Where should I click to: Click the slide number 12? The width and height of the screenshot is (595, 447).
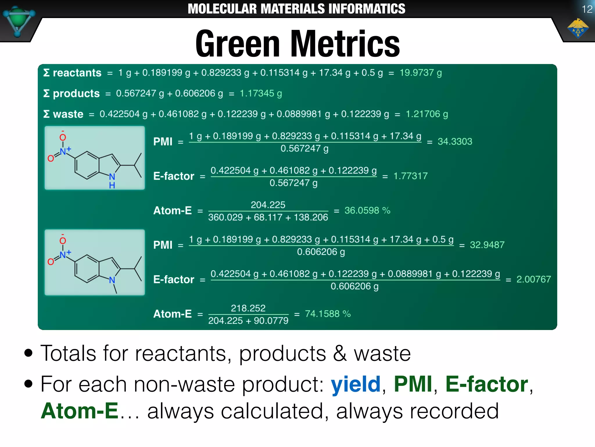pos(587,9)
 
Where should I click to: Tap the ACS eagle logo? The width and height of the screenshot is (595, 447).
pos(578,29)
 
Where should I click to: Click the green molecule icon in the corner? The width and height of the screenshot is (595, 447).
pos(18,21)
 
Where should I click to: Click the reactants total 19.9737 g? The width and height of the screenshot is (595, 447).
pos(420,73)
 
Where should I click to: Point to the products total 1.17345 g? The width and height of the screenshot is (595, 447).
pos(261,93)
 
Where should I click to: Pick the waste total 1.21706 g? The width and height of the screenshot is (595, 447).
pos(426,114)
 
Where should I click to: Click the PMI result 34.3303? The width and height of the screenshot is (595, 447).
pos(455,141)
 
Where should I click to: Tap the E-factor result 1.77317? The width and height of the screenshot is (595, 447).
pos(410,176)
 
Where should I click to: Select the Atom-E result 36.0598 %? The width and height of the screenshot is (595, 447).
pos(367,210)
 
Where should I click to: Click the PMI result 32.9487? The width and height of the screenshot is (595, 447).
pos(487,245)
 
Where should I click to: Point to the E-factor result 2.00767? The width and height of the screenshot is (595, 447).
pos(533,279)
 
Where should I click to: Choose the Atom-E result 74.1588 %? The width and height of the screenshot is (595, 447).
pos(327,314)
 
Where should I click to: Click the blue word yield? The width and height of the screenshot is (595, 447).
pos(356,384)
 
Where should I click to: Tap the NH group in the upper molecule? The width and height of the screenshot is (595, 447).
pos(112,180)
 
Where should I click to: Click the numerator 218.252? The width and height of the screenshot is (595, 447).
pos(248,308)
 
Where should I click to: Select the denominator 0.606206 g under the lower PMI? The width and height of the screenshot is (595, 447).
pos(321,252)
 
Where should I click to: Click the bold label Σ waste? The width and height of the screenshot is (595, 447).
pos(63,114)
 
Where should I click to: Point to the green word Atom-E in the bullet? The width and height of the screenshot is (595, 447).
pos(79,411)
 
